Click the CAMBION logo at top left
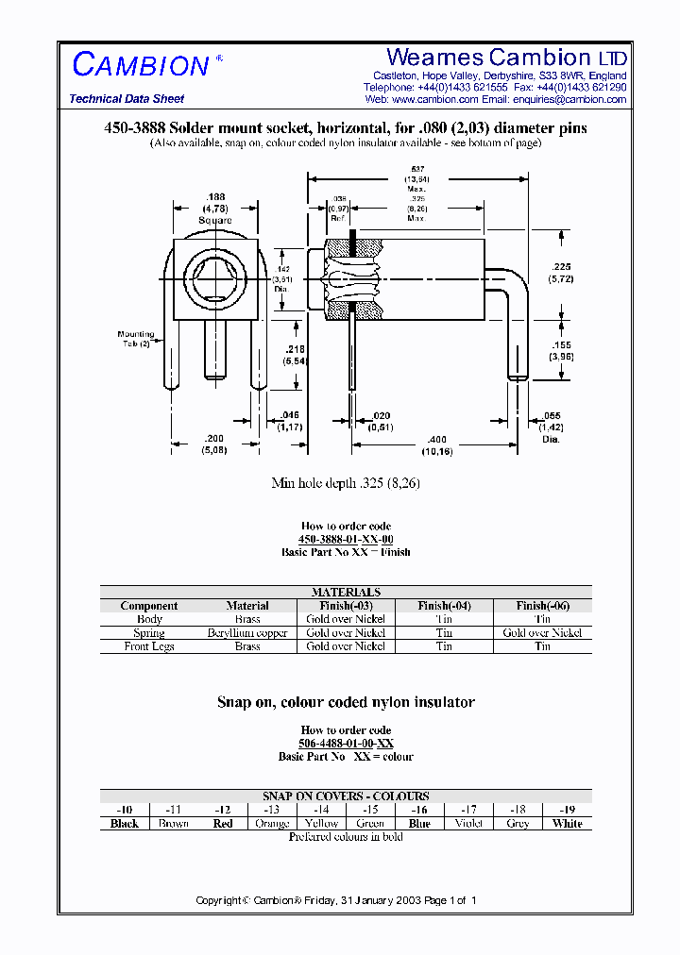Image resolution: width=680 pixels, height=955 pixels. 141,64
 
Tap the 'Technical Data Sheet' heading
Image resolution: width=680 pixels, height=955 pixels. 127,99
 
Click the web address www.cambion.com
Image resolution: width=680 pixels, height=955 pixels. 435,99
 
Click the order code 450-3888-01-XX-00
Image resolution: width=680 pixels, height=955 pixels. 346,539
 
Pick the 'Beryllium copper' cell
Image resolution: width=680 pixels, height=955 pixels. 247,633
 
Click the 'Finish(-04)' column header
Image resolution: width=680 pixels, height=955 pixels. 444,606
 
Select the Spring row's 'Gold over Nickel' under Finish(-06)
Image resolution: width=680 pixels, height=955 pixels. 542,633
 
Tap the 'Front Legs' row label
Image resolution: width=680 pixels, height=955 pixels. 149,646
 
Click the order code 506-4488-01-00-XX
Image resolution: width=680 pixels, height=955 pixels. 346,744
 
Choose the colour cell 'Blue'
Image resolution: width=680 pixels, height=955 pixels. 420,824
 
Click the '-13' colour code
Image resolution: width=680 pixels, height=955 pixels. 272,810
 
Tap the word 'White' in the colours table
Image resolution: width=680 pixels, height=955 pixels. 568,824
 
